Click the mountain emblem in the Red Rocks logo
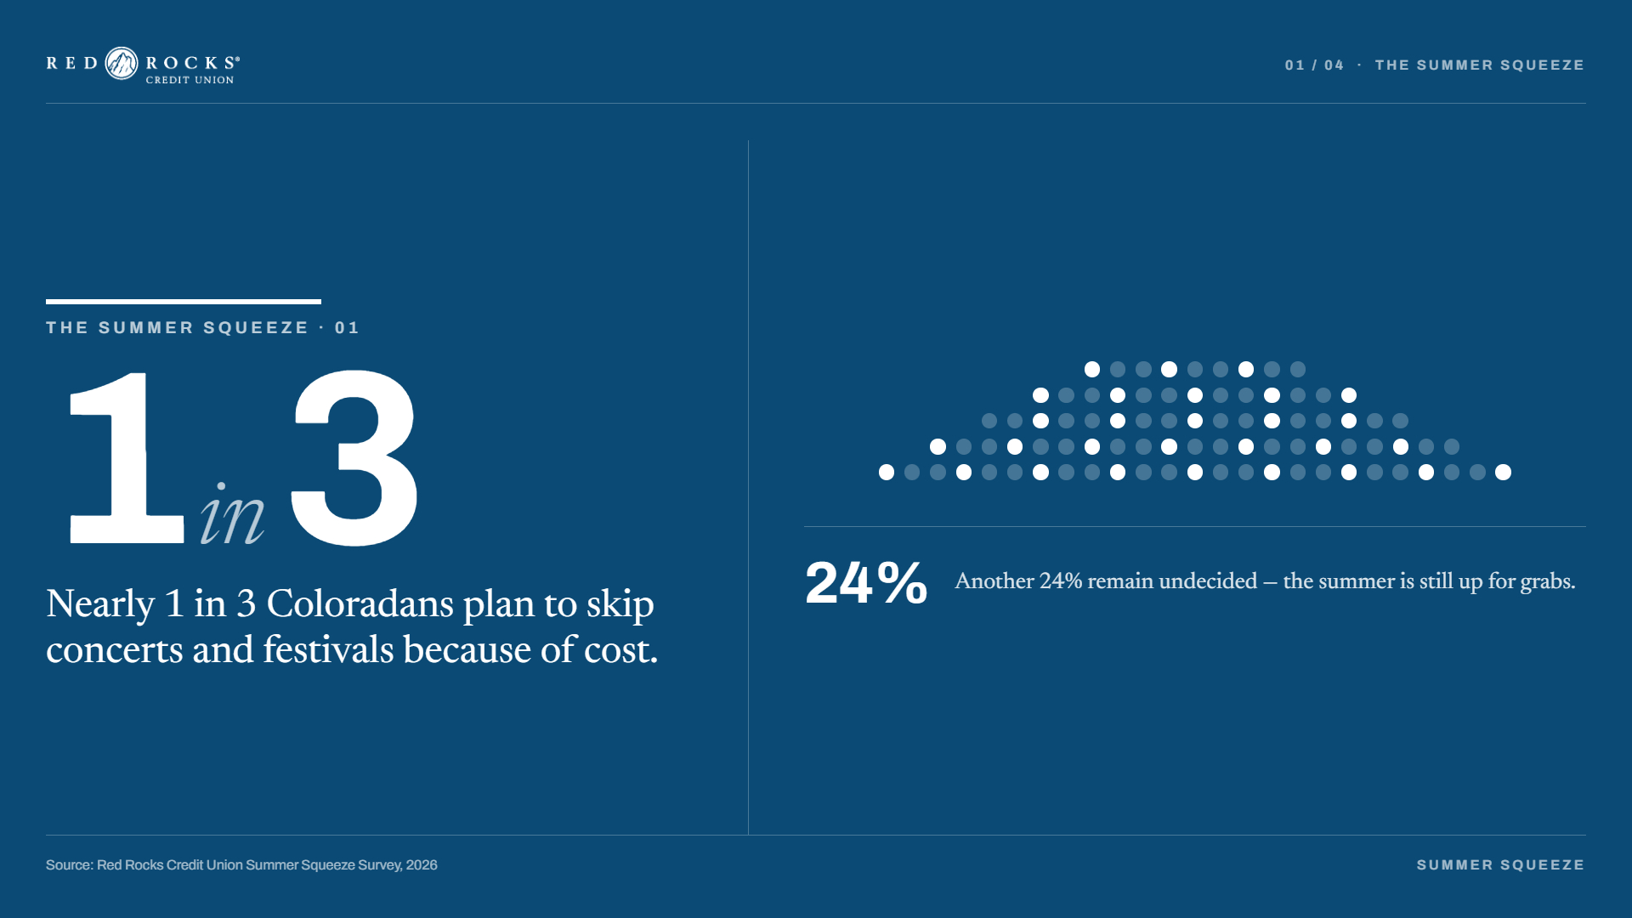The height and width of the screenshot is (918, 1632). tap(122, 64)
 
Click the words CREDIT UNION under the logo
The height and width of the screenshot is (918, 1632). tap(190, 80)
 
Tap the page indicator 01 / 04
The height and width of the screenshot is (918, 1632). tap(1314, 65)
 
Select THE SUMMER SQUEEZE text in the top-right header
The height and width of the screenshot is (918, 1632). tap(1480, 65)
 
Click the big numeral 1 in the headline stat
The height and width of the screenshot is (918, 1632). tap(127, 458)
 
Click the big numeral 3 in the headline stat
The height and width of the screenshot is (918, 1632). tap(354, 458)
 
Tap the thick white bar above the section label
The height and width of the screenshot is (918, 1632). tap(184, 302)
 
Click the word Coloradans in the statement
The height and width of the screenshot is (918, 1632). tap(360, 603)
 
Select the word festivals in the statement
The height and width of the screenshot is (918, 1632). tap(328, 649)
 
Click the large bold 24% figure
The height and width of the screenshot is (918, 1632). tap(866, 583)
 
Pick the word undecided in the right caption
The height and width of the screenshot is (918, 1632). tap(1208, 581)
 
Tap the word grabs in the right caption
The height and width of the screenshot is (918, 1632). tap(1548, 582)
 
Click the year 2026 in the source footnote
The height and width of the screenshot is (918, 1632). tap(422, 865)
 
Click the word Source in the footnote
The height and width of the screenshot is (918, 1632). tap(70, 865)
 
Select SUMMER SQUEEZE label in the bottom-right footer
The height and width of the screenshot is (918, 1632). tap(1500, 865)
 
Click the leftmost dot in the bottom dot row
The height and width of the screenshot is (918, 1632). tap(887, 473)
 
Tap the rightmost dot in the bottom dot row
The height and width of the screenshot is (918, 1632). tap(1504, 473)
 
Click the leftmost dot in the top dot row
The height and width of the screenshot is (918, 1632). tap(1092, 370)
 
